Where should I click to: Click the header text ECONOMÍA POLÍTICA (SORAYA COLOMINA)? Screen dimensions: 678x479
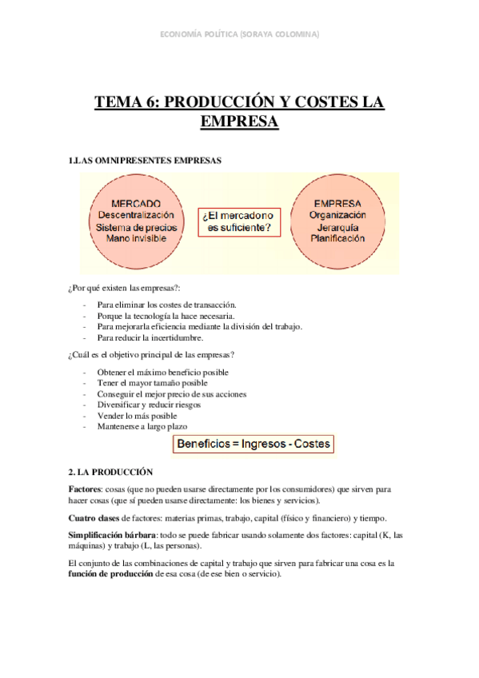(240, 34)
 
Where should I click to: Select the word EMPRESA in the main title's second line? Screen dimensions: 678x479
(239, 122)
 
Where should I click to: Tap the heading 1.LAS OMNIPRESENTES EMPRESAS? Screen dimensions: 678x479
(146, 161)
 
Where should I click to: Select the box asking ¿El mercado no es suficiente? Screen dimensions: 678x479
(238, 222)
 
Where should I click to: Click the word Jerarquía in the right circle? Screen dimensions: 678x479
(338, 227)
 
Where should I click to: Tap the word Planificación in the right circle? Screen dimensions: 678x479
(338, 238)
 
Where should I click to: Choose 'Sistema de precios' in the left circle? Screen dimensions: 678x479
(135, 227)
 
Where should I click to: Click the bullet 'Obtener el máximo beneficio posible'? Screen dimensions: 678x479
(162, 373)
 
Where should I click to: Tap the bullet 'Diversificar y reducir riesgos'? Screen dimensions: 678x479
(149, 405)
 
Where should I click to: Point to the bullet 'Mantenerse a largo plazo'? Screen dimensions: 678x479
(142, 427)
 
